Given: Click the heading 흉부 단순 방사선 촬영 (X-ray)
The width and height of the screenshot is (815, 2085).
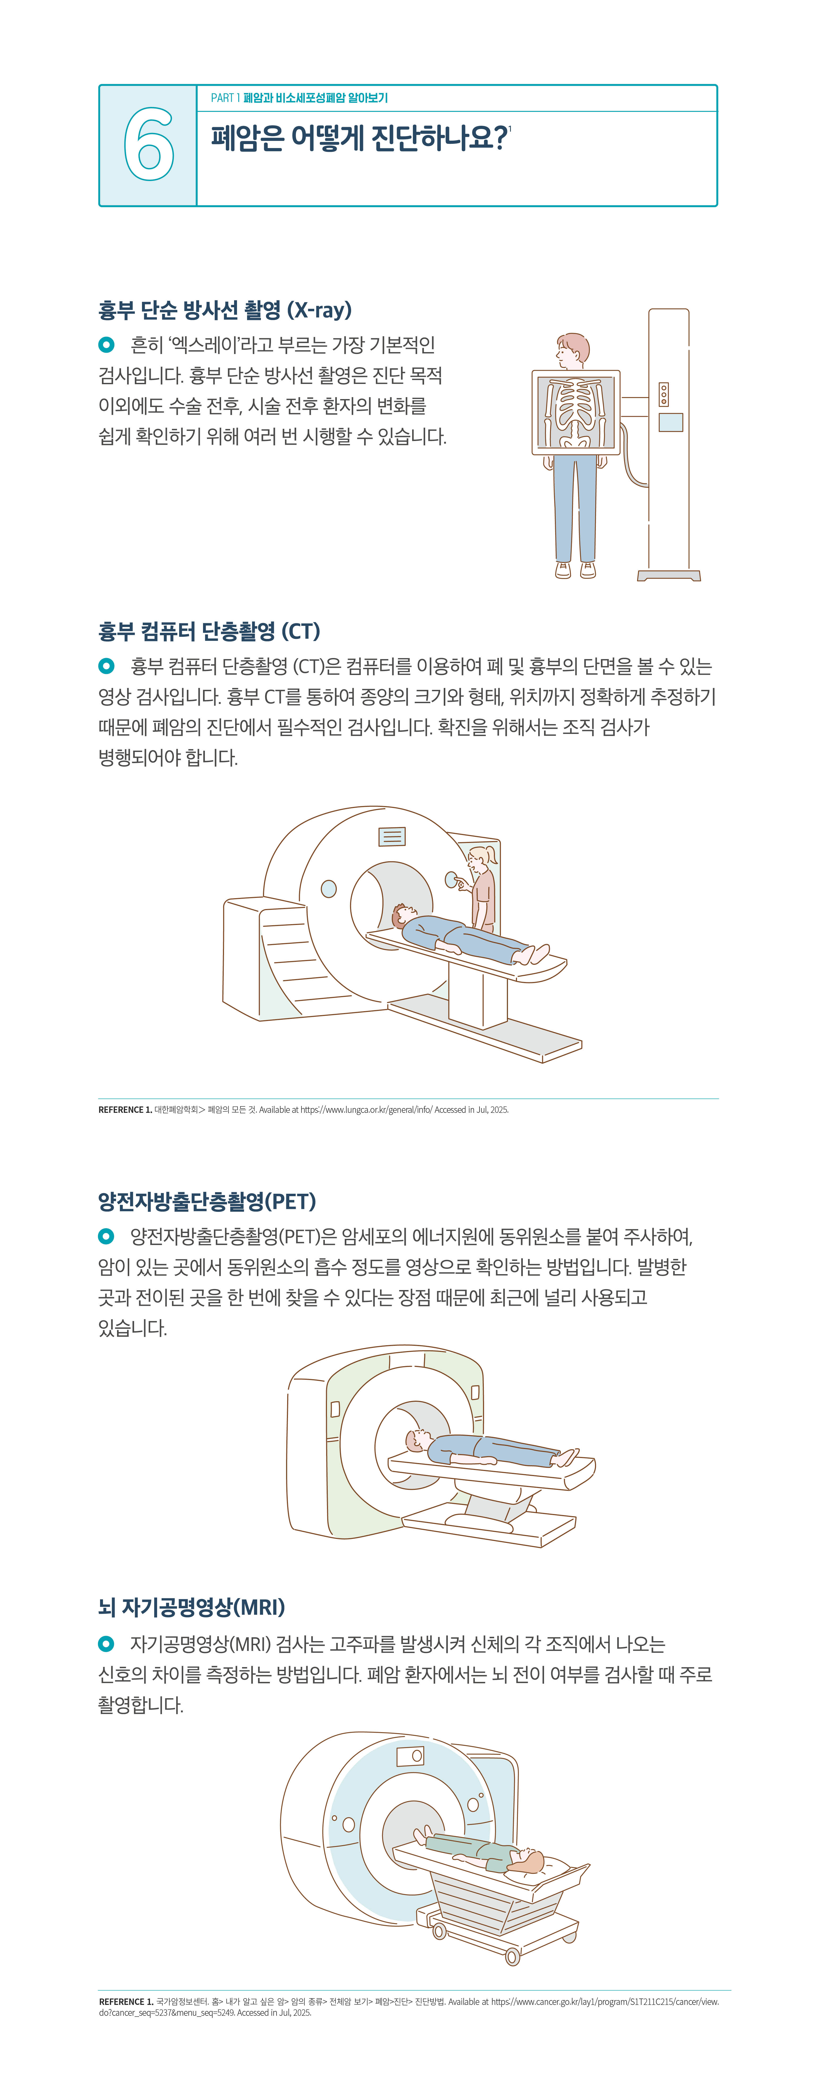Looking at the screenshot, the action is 225,310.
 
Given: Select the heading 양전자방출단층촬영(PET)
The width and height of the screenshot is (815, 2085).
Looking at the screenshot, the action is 207,1201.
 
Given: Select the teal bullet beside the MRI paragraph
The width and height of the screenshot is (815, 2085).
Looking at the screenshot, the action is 106,1644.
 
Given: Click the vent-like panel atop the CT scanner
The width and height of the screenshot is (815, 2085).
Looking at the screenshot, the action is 393,836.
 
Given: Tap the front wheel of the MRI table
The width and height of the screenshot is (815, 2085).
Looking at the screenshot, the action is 512,1957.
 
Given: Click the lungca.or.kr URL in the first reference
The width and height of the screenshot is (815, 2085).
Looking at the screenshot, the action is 366,1110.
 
